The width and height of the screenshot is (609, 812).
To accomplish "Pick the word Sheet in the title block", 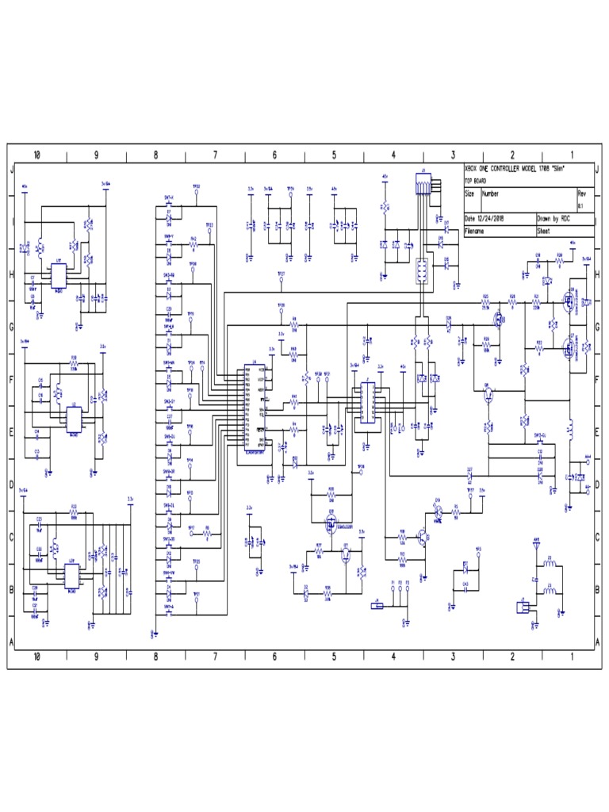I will point(546,232).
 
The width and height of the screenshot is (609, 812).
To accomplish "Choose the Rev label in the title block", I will point(581,193).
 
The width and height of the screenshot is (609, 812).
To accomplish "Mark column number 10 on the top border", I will point(37,154).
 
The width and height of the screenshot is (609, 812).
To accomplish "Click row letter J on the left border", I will point(12,170).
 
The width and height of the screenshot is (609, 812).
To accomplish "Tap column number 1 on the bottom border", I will point(573,657).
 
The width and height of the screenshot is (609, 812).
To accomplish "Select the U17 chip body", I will point(58,275).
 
